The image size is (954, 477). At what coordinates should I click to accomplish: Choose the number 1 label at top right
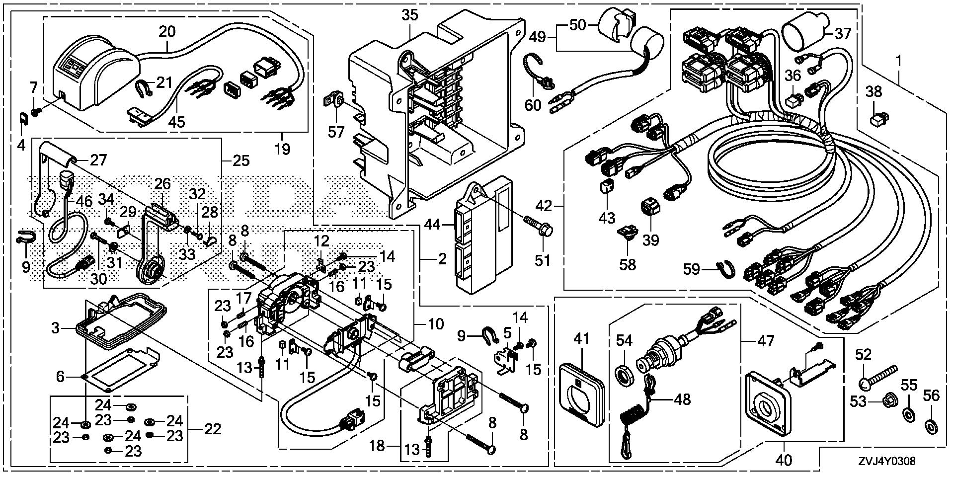[x=898, y=62]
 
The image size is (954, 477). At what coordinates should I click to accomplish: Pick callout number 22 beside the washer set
[x=213, y=428]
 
